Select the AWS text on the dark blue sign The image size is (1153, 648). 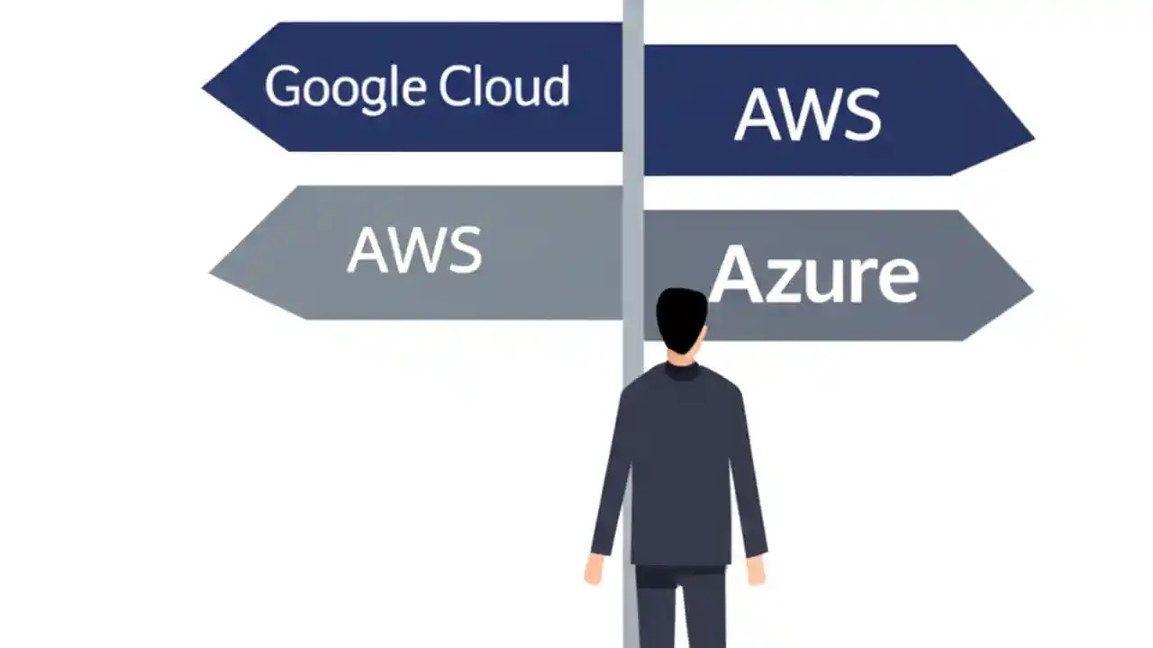pos(807,115)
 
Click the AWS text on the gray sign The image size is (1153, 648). pos(414,249)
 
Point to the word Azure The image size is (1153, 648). pos(813,274)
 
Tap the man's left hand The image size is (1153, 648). pos(594,570)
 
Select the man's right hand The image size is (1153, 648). pos(756,570)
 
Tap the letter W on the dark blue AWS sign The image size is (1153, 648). pos(807,115)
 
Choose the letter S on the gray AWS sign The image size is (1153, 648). pos(464,250)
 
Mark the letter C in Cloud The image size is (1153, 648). pos(455,86)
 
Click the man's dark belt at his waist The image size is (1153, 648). pos(680,571)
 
